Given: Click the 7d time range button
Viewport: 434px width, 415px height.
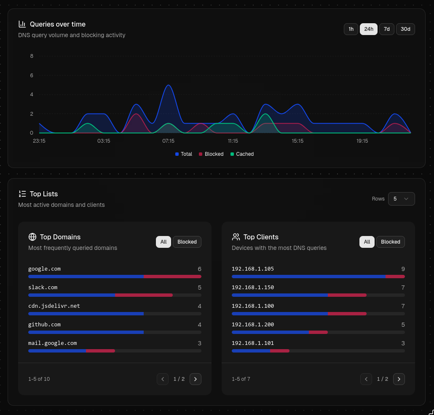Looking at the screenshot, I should [x=386, y=29].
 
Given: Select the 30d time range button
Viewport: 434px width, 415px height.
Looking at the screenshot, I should [x=405, y=29].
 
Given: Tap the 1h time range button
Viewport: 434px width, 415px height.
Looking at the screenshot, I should [x=351, y=29].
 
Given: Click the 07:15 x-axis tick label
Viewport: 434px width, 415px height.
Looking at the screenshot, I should [x=168, y=141].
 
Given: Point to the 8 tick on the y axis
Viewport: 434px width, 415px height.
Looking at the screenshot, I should [x=32, y=56].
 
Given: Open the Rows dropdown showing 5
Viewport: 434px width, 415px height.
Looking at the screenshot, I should [x=401, y=199].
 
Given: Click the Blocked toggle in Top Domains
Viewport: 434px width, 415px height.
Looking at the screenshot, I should [x=187, y=242].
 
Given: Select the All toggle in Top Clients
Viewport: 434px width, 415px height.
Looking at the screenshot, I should [x=367, y=242].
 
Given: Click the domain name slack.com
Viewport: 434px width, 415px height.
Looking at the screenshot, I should [x=43, y=288].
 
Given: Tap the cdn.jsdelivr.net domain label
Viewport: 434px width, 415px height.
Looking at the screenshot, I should [x=54, y=306].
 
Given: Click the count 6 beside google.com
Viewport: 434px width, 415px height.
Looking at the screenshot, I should [x=199, y=269].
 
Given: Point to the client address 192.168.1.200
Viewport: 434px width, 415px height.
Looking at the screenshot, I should [x=253, y=325].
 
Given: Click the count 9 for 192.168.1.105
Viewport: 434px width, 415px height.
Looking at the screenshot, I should [x=403, y=269].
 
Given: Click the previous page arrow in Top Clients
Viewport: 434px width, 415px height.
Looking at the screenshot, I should [x=366, y=379].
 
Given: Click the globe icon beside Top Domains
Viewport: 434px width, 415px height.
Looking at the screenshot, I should [x=32, y=237].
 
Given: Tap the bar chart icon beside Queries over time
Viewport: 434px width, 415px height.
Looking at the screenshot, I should [x=22, y=24].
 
